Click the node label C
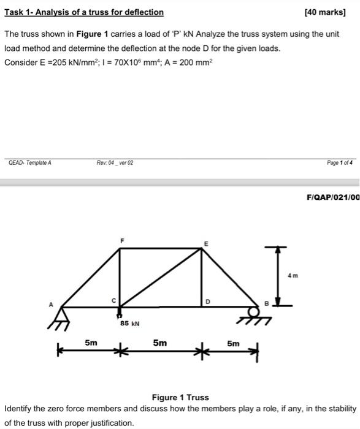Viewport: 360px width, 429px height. coord(113,299)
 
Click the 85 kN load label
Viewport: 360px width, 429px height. coord(130,322)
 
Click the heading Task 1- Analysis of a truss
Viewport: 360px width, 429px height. coord(84,12)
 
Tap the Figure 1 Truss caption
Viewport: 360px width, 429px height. coord(180,397)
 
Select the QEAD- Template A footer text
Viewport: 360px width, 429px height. coord(30,162)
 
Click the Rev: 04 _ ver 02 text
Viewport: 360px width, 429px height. coord(115,162)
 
